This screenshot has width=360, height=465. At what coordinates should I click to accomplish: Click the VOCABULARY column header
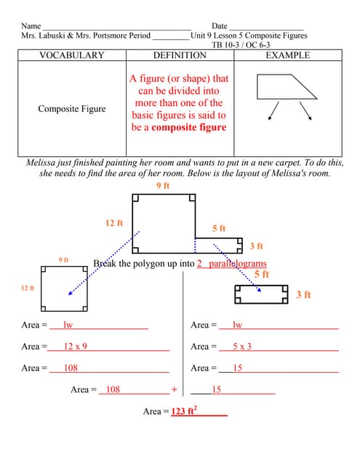point(71,55)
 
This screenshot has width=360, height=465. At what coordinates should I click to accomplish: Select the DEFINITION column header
point(180,55)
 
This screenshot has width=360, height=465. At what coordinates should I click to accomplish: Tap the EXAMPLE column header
point(288,55)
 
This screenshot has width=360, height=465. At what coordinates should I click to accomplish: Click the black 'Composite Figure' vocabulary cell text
point(71,109)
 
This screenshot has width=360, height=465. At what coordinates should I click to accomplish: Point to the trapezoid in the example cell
point(286,86)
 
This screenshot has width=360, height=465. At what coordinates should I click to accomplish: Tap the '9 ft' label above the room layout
point(163,186)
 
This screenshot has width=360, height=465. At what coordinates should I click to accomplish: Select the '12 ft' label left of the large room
point(114,223)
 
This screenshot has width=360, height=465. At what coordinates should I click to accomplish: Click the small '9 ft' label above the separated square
point(64,259)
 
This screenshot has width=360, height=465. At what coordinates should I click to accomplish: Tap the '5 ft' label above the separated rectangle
point(262,275)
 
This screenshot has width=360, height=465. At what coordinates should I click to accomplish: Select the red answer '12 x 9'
point(76,347)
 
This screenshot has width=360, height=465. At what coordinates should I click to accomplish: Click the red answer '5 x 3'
point(242,347)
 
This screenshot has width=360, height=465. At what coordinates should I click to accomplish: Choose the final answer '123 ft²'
point(185,411)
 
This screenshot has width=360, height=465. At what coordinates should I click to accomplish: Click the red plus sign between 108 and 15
point(175,389)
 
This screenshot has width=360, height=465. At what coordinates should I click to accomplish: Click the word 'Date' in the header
point(219,26)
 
